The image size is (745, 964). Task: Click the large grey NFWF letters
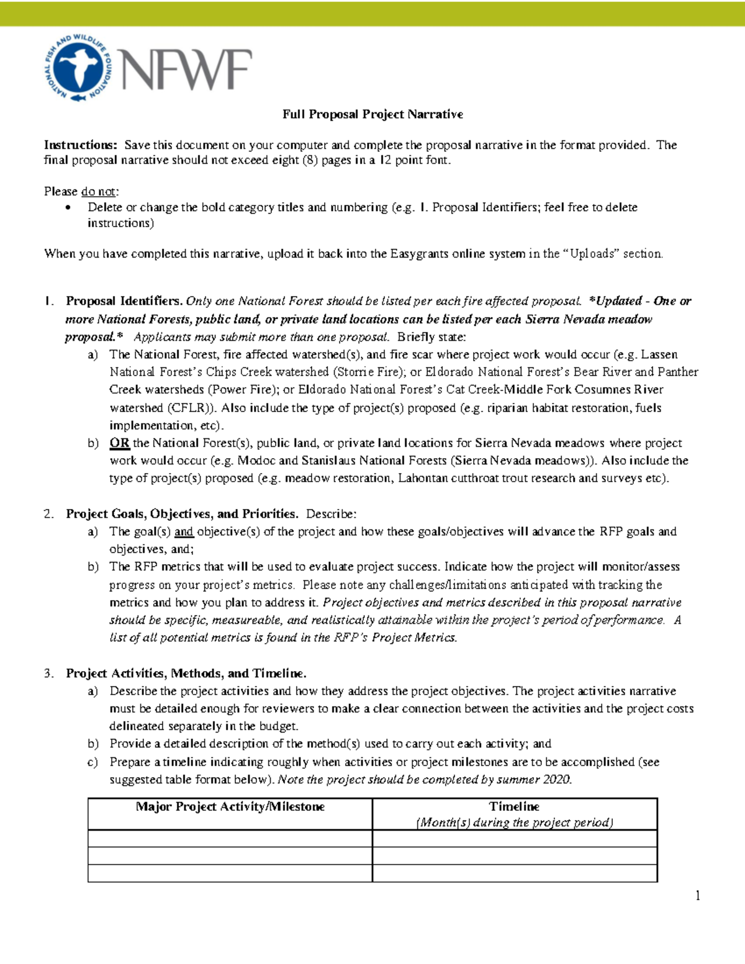[x=187, y=70]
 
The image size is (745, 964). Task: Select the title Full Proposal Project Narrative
[x=372, y=114]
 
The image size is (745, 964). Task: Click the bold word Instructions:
[x=80, y=145]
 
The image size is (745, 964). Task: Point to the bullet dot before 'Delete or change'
[x=68, y=208]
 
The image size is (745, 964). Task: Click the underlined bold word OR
[x=119, y=443]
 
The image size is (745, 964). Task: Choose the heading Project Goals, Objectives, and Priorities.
[x=182, y=514]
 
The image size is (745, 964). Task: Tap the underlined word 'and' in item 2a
[x=184, y=531]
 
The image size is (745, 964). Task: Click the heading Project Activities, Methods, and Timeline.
[x=186, y=673]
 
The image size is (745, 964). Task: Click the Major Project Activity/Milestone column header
[x=230, y=806]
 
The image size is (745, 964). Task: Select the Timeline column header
[x=514, y=806]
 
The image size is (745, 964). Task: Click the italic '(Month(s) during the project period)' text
[x=514, y=822]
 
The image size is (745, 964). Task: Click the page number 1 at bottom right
[x=698, y=895]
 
